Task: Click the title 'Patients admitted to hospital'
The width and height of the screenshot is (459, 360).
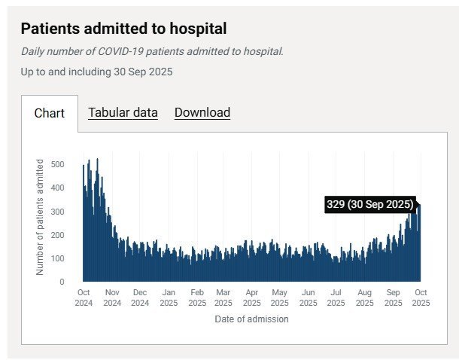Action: coord(123,29)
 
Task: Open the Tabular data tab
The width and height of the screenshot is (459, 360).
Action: coord(123,113)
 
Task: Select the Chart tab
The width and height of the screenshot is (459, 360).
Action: coord(50,114)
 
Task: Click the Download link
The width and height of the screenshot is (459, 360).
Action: coord(202,113)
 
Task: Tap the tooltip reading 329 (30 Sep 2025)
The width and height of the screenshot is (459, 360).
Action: coord(370,204)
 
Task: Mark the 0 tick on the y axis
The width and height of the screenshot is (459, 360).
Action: coord(63,282)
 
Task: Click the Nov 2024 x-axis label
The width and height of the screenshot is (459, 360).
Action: coord(112,297)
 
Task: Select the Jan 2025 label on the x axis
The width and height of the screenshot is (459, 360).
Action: coord(169,297)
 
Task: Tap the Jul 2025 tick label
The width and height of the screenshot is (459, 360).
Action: coord(336,297)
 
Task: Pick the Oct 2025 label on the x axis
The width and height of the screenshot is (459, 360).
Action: coord(421,297)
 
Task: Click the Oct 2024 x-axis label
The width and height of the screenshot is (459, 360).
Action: coord(84,297)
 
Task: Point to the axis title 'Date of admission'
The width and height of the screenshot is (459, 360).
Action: coord(252,319)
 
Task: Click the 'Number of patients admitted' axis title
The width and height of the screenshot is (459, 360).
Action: coord(40,217)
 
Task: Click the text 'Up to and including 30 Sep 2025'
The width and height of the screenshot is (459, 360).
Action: coord(97,72)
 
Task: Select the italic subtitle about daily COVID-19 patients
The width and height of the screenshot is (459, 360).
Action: coord(152,52)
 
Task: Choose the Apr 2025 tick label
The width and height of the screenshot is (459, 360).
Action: coord(252,297)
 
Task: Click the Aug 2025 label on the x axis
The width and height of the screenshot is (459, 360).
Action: coord(364,297)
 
